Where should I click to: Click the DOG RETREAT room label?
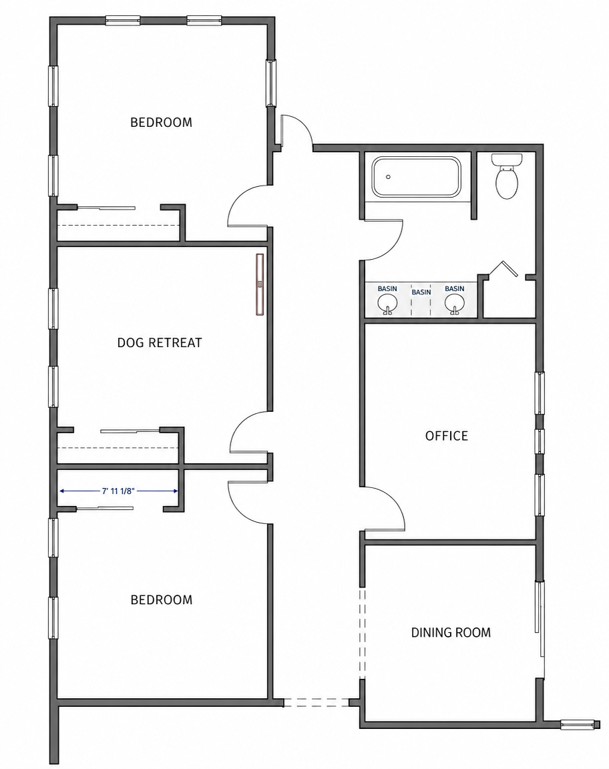tap(160, 342)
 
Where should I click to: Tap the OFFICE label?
tap(447, 435)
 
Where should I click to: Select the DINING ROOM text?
tap(451, 632)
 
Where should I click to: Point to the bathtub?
tap(415, 176)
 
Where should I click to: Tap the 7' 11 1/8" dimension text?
tap(118, 491)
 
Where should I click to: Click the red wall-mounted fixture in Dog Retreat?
tap(260, 284)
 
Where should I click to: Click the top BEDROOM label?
tap(161, 122)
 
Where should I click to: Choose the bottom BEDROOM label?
tap(162, 599)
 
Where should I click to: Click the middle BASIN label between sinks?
tap(421, 292)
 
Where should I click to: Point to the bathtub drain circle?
tap(388, 176)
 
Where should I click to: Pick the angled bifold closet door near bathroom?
tap(503, 269)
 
